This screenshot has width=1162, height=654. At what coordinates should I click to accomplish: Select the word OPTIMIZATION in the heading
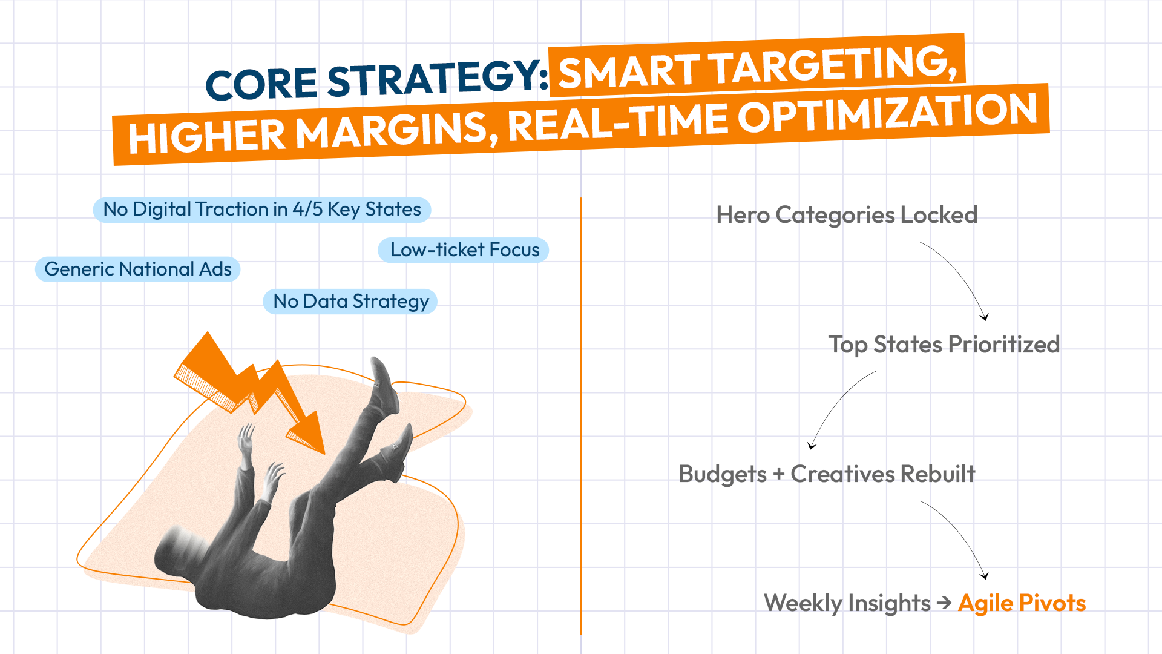coord(888,113)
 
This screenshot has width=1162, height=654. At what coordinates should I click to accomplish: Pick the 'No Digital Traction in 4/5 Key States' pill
coord(262,210)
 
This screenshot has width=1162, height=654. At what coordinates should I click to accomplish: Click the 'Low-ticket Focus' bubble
coord(464,250)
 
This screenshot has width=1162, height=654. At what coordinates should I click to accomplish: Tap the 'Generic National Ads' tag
coord(138,269)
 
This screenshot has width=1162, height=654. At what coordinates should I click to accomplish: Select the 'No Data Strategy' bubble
coord(350,302)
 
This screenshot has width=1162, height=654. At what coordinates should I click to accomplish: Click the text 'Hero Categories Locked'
coord(847,215)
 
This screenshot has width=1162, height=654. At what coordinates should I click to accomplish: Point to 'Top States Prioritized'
coord(944,345)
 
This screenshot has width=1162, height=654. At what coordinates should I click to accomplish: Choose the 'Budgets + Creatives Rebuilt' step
coord(827,474)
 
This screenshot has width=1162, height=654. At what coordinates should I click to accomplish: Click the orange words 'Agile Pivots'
coord(1022,603)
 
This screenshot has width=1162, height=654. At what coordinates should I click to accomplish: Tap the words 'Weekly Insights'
coord(847,603)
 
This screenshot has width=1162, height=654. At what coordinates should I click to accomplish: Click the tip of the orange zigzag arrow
coord(324,454)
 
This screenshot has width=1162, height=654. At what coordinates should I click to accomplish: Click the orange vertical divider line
coord(581,416)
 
